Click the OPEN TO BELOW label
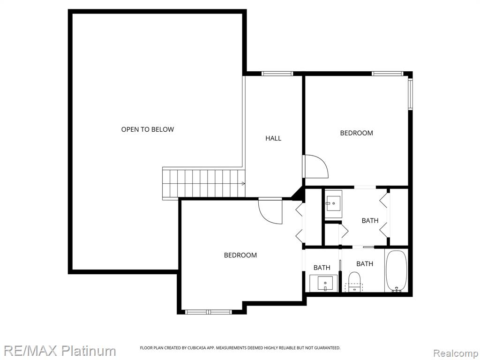click(148, 129)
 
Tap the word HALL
click(273, 138)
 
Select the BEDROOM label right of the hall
click(357, 133)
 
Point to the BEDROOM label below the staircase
click(240, 255)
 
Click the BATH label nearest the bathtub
click(365, 263)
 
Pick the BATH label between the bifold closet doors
click(370, 220)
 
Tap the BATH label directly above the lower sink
click(322, 268)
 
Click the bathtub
click(397, 270)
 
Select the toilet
click(355, 282)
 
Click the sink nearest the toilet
click(324, 283)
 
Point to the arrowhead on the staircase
click(243, 184)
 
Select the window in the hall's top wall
click(277, 74)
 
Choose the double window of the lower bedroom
click(209, 312)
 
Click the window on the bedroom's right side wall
click(411, 94)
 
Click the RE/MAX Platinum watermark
click(60, 351)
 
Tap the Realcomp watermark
click(455, 353)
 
